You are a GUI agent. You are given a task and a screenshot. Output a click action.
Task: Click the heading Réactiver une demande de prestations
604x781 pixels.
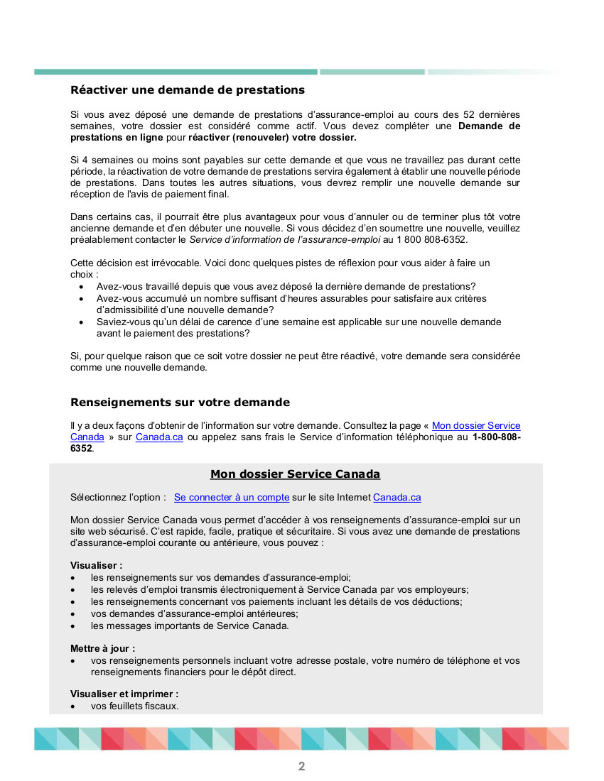coord(188,90)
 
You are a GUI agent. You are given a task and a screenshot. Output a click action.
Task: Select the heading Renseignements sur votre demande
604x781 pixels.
coord(180,403)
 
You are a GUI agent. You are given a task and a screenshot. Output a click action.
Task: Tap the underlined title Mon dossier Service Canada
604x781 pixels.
coord(295,474)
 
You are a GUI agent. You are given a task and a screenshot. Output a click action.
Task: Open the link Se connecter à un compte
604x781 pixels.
coord(232,498)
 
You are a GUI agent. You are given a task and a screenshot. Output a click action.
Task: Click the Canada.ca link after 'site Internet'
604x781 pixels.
coord(397,498)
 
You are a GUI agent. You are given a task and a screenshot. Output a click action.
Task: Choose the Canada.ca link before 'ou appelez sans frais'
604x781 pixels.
coord(159,437)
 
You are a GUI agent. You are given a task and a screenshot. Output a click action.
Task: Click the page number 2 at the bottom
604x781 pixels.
coord(301,766)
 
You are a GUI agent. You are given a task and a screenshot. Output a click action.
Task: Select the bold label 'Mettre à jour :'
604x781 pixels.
coord(102,648)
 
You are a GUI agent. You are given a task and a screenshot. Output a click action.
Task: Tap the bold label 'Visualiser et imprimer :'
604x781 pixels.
coord(124,694)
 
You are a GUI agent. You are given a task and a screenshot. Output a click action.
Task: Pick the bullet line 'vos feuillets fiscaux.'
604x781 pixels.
coord(134,706)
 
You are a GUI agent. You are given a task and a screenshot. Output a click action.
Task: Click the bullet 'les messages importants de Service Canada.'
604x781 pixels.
coord(190,626)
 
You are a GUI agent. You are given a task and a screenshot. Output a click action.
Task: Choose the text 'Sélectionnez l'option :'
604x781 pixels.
coord(118,498)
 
